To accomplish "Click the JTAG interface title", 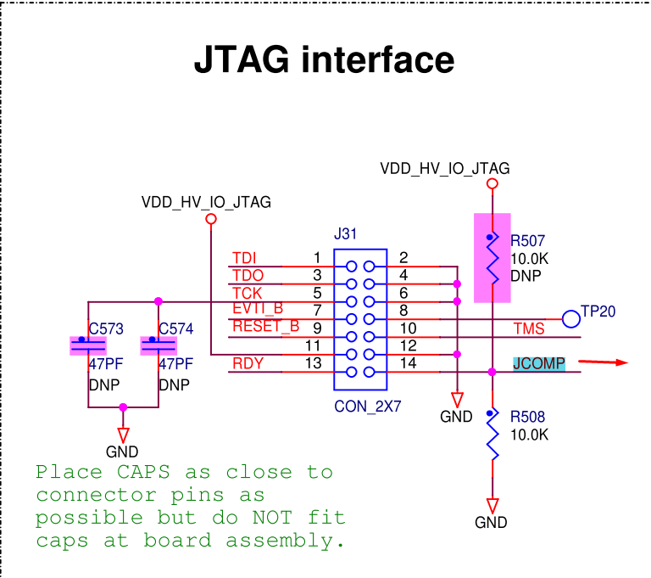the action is point(325,59).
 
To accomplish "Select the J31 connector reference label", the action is point(345,234).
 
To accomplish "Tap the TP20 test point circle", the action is point(571,319).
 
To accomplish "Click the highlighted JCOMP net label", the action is point(539,364).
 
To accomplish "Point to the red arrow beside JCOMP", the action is point(603,362).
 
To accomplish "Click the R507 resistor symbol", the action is point(492,258).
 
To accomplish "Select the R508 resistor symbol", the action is point(492,435).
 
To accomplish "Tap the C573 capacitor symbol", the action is point(88,345).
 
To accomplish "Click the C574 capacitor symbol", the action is point(159,345).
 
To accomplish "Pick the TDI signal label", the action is point(244,258).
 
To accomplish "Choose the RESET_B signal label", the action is point(265,327).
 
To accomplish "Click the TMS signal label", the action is point(529,329).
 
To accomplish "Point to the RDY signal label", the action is point(248,364).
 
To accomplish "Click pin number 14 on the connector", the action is point(408,363).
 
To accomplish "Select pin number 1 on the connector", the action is point(317,258).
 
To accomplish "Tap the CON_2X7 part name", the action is point(368,407).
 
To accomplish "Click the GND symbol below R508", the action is point(492,506).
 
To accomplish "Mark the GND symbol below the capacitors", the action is point(123,435).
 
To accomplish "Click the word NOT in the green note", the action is point(272,518).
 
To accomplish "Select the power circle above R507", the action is point(492,183).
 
